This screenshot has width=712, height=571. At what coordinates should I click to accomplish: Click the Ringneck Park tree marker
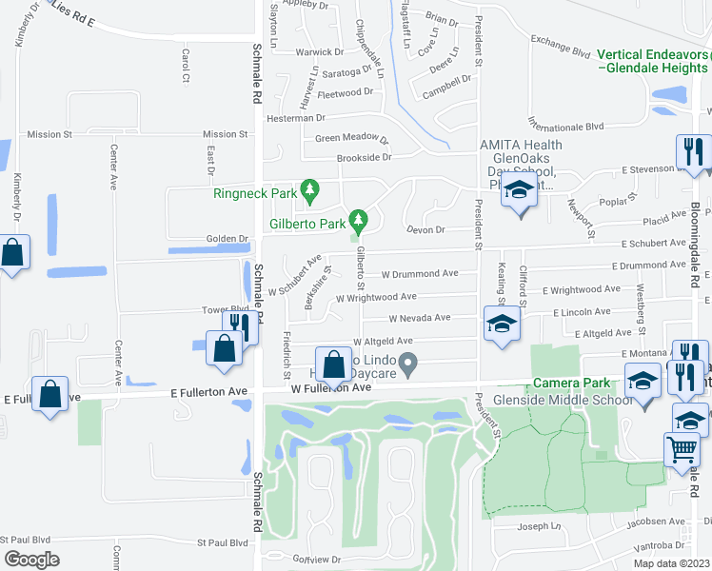point(308,188)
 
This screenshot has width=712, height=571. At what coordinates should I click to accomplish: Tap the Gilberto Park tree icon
point(358,222)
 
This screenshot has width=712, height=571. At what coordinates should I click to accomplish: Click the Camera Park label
point(570,382)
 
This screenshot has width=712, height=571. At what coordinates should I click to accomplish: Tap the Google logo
point(31,559)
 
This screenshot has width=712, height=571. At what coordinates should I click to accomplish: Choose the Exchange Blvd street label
point(563,40)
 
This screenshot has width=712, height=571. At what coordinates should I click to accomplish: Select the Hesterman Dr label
point(296,118)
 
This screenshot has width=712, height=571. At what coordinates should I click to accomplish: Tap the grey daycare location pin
point(408,362)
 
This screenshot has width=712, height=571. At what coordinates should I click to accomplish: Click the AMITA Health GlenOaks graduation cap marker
point(519,192)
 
